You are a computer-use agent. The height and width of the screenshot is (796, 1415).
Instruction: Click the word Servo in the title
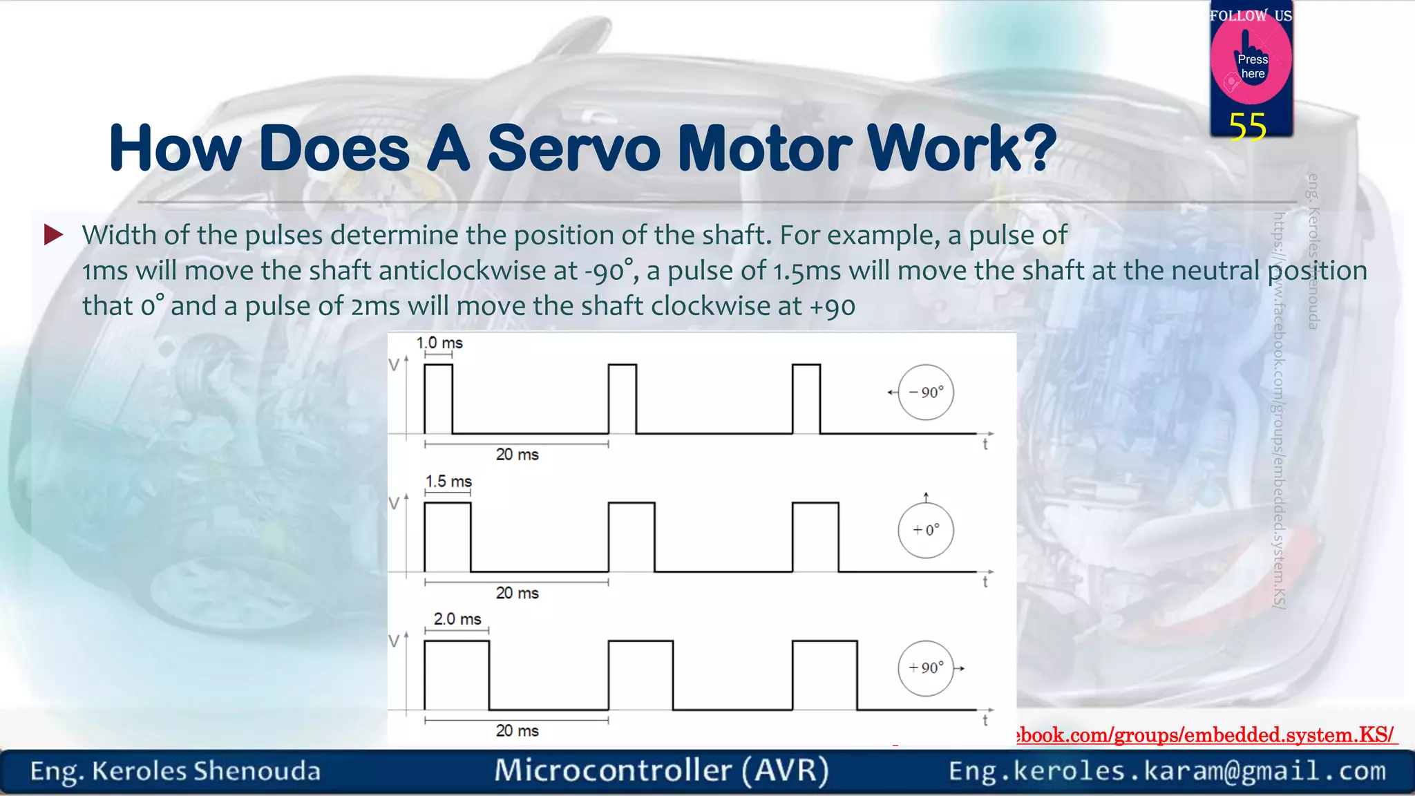(x=573, y=149)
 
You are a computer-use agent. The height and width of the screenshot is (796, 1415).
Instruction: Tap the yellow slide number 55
(x=1247, y=127)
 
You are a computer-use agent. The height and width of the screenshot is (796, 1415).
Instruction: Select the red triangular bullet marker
(x=53, y=235)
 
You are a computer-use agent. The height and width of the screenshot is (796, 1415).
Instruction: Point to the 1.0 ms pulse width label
(x=439, y=343)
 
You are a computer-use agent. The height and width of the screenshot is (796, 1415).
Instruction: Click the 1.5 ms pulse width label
(x=448, y=481)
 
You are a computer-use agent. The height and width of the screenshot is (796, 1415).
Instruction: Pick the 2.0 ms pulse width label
(x=457, y=619)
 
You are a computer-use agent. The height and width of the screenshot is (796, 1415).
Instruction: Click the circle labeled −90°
(x=926, y=392)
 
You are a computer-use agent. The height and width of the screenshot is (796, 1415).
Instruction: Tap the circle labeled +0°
(x=926, y=530)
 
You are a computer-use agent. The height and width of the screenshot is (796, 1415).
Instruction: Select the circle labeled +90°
(x=926, y=668)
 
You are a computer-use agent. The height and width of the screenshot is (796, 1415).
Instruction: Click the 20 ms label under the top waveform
(x=517, y=455)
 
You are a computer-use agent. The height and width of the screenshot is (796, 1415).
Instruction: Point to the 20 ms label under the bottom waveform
(x=517, y=730)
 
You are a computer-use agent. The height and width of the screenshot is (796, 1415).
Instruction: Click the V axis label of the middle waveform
(x=394, y=504)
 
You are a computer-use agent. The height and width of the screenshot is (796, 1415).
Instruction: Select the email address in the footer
(x=1167, y=771)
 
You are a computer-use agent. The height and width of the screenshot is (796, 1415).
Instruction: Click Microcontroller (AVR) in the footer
(x=661, y=770)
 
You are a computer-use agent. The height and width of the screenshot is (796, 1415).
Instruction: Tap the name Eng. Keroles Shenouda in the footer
(x=175, y=771)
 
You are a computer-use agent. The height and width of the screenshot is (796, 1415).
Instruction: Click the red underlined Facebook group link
(x=1206, y=735)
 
